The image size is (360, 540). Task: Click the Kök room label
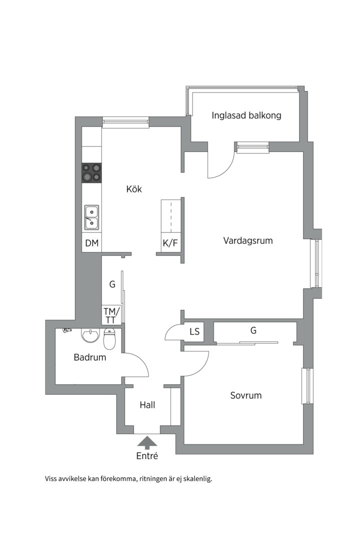(134, 188)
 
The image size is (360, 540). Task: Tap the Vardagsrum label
(247, 240)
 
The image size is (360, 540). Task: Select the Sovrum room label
(245, 395)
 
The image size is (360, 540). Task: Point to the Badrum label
(90, 357)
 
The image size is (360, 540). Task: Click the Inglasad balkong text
(246, 115)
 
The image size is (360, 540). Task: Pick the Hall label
(147, 404)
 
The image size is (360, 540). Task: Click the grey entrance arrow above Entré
(147, 443)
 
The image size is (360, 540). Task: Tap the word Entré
(147, 456)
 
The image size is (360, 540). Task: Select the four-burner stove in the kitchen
(92, 172)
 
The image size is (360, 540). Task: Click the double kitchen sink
(91, 217)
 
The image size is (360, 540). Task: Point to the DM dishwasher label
(92, 243)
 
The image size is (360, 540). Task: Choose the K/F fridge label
(170, 243)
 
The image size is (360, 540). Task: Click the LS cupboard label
(194, 331)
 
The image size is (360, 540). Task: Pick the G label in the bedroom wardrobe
(253, 330)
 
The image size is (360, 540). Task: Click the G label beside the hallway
(112, 284)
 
